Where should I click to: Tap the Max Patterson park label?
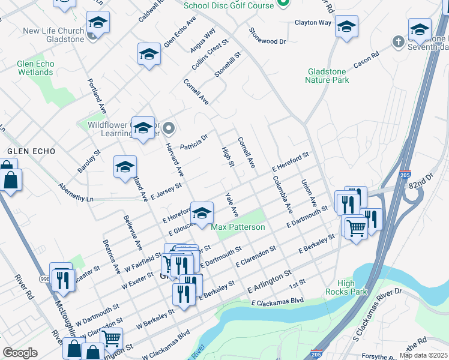(238, 227)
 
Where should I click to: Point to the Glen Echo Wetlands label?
(35, 68)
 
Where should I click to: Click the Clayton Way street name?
(313, 23)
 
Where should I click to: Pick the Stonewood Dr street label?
(268, 36)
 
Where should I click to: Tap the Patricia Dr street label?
(194, 142)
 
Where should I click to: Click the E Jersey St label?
(166, 192)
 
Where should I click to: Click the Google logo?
(20, 353)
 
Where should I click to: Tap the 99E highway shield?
(45, 279)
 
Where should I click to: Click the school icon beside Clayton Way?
(347, 27)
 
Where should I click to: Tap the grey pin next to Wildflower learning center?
(169, 128)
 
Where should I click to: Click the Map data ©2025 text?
(424, 355)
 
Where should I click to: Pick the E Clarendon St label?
(256, 256)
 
